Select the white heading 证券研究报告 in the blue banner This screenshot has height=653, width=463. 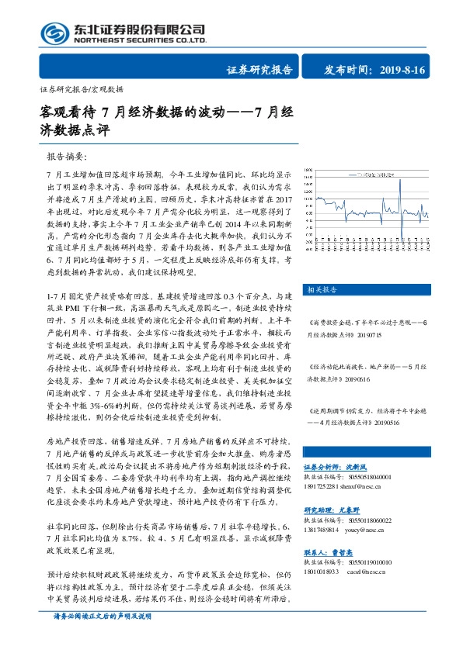(x=259, y=69)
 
